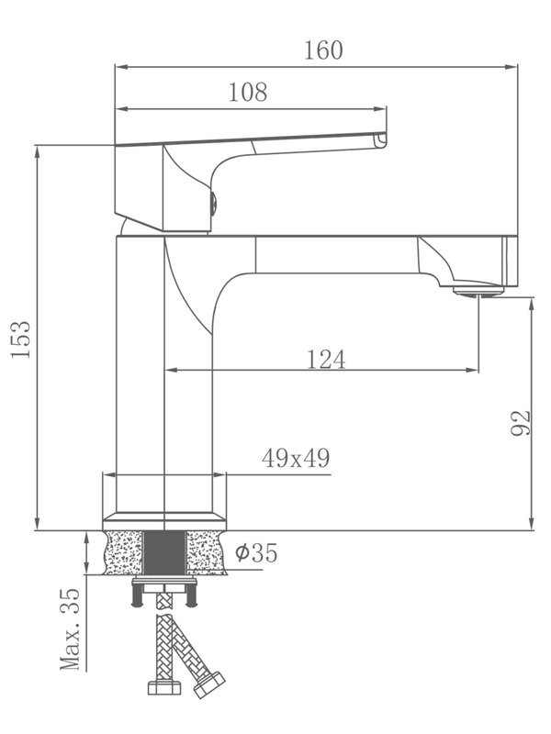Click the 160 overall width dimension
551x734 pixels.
(x=323, y=50)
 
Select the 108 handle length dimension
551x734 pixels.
(x=248, y=93)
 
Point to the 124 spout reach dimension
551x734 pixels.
(x=326, y=359)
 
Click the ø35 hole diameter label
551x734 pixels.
(x=255, y=553)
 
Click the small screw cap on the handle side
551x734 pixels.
(x=213, y=203)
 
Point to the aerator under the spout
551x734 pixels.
(x=478, y=292)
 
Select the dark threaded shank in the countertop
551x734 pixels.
(x=165, y=553)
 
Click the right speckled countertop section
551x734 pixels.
(x=206, y=553)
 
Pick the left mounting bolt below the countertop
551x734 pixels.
(x=137, y=597)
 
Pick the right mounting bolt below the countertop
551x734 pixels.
(x=194, y=597)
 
